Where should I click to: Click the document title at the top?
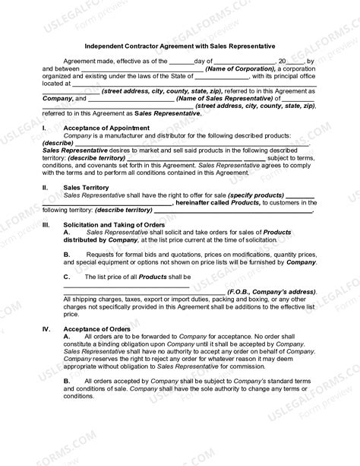click(179, 46)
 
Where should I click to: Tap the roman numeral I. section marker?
click(45, 128)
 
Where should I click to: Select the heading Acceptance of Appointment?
click(106, 128)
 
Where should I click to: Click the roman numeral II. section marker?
click(46, 186)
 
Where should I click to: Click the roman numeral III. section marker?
click(46, 225)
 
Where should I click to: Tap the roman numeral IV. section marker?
click(46, 329)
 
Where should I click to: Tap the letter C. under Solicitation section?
click(67, 277)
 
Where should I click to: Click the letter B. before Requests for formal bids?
click(67, 252)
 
